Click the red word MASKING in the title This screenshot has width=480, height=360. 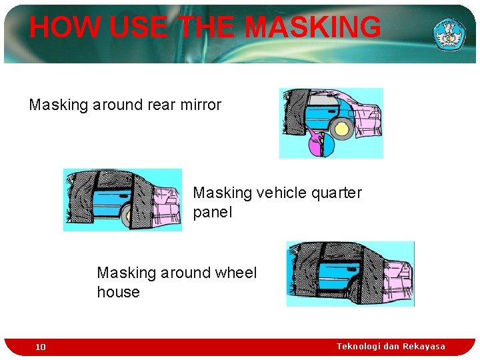click(x=313, y=27)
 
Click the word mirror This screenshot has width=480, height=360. click(x=200, y=105)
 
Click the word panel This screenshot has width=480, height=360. click(x=212, y=213)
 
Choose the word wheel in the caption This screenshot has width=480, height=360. click(x=235, y=273)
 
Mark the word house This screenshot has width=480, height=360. click(x=118, y=292)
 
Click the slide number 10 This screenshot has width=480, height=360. click(x=41, y=347)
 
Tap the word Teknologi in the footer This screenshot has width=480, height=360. click(x=359, y=346)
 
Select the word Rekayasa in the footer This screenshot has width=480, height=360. click(x=424, y=346)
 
